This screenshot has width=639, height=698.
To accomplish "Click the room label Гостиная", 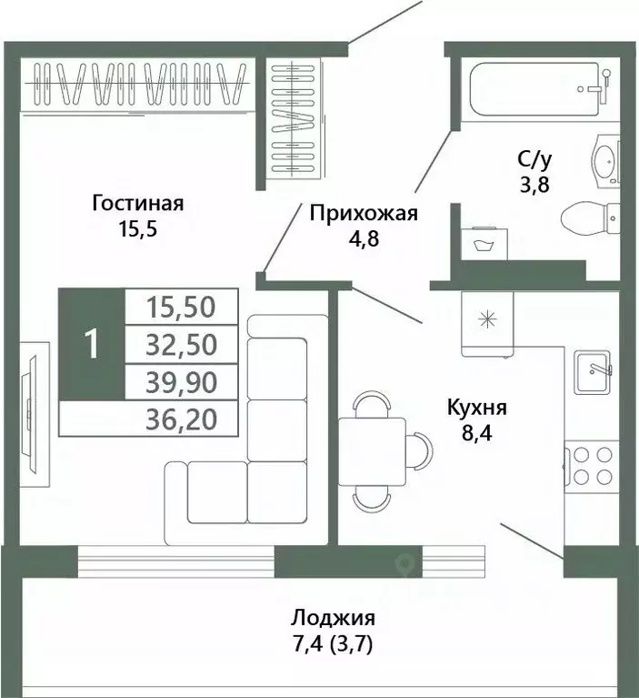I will (138, 203).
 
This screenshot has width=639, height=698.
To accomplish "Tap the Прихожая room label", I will (363, 214).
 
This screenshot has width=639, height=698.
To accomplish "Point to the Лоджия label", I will (333, 618).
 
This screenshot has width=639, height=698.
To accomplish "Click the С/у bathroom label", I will (534, 160).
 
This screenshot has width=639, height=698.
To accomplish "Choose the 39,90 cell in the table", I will (181, 381).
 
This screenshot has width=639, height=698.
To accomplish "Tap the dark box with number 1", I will (90, 344).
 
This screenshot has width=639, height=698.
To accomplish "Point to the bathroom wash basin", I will (604, 162).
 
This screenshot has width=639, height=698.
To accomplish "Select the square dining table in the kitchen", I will (372, 449).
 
